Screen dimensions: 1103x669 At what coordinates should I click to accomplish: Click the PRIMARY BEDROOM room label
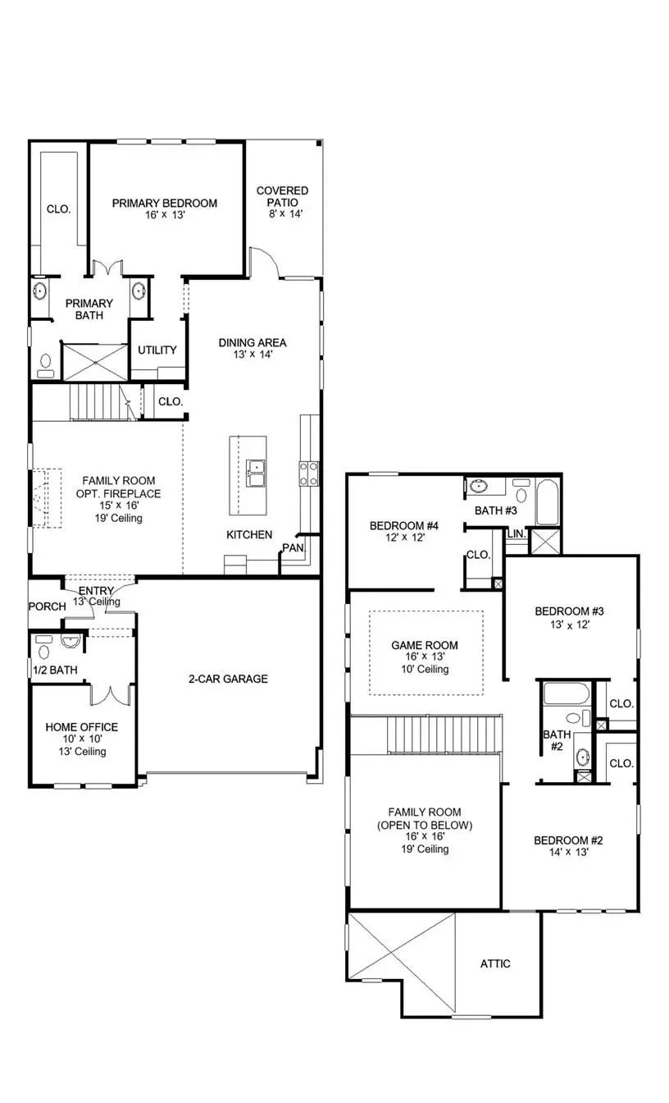coord(165,204)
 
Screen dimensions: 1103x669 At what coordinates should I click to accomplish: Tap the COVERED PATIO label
coord(282,196)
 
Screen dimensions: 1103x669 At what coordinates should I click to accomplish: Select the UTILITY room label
coord(157,350)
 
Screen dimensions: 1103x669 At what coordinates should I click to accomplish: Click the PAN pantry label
coord(293,547)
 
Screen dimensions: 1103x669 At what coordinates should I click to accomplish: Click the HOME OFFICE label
coord(81,727)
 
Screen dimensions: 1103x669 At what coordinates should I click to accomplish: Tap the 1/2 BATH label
coord(55,670)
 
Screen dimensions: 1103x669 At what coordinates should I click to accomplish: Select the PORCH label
coord(47,606)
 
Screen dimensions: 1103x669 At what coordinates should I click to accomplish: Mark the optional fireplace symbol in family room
coord(47,498)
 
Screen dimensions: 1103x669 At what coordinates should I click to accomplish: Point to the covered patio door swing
coord(265,264)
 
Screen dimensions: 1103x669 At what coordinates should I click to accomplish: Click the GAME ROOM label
coord(424,646)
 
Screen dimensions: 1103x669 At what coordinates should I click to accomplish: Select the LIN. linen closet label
coord(517,533)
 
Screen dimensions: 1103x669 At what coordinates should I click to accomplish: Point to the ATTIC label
coord(495,963)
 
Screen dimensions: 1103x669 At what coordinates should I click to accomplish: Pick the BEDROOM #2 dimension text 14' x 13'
coord(568,853)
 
